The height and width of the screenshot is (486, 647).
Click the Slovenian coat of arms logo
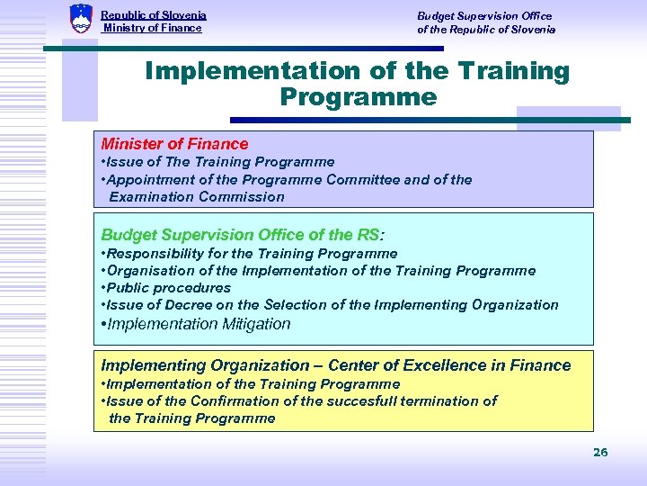pyautogui.click(x=81, y=18)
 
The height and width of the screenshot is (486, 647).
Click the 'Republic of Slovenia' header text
pyautogui.click(x=154, y=15)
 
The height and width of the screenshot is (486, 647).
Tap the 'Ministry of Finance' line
pyautogui.click(x=153, y=28)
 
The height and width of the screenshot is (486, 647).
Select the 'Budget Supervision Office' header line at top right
pyautogui.click(x=484, y=15)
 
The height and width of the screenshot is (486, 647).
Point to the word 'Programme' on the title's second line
pyautogui.click(x=358, y=97)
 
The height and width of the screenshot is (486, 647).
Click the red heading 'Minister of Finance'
pyautogui.click(x=174, y=144)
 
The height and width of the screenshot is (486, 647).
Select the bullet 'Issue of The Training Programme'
pyautogui.click(x=217, y=162)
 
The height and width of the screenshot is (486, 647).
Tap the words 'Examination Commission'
pyautogui.click(x=197, y=196)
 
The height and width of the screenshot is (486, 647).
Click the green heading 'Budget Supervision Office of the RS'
pyautogui.click(x=240, y=235)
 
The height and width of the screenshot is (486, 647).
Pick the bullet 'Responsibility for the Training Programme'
pyautogui.click(x=249, y=254)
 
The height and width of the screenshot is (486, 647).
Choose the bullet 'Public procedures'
pyautogui.click(x=166, y=288)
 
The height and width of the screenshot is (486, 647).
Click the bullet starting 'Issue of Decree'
pyautogui.click(x=330, y=305)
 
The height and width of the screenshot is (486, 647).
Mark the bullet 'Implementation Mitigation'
pyautogui.click(x=196, y=324)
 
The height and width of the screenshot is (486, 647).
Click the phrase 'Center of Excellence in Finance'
pyautogui.click(x=449, y=365)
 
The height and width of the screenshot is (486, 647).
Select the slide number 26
pyautogui.click(x=600, y=452)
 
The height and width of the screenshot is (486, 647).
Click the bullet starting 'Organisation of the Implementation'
pyautogui.click(x=318, y=271)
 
